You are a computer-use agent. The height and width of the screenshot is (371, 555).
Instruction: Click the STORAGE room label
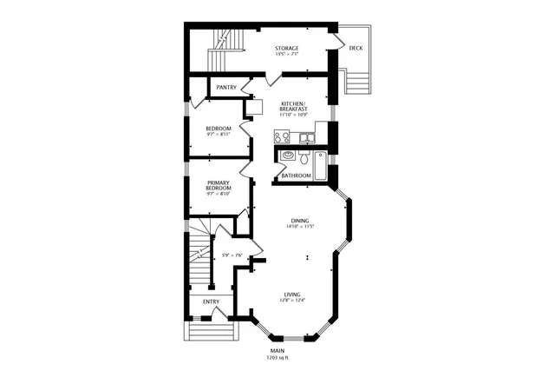(287, 48)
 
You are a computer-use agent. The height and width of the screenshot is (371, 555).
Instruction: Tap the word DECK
(356, 48)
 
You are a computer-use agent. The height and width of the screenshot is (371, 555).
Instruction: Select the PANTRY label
(226, 88)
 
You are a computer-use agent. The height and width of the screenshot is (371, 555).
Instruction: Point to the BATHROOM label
(296, 176)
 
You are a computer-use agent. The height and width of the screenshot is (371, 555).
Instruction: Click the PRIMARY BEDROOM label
(218, 185)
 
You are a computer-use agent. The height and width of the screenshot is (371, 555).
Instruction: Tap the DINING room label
(300, 221)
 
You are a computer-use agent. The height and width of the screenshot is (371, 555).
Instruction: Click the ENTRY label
(211, 301)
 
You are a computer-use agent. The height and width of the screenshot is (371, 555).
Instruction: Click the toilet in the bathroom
(305, 159)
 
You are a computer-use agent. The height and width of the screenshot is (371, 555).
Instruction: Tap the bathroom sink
(288, 157)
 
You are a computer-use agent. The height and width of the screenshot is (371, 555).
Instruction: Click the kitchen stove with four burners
(281, 136)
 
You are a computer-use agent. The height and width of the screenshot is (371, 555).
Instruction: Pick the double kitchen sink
(306, 137)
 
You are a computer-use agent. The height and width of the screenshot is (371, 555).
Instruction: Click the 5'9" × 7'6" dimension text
(231, 255)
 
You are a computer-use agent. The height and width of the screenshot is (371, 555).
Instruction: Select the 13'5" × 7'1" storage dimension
(287, 55)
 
